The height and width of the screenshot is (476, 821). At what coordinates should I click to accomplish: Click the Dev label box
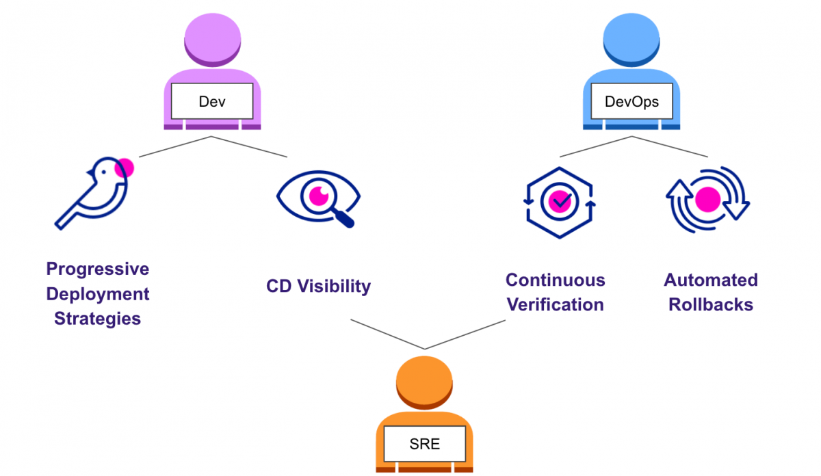click(x=211, y=102)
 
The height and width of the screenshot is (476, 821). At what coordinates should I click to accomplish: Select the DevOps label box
click(x=631, y=102)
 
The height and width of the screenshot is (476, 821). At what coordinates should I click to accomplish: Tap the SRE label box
click(x=424, y=444)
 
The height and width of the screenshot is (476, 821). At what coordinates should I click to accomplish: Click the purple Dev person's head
click(x=212, y=42)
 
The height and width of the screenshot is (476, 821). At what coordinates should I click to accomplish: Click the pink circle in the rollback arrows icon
click(x=707, y=201)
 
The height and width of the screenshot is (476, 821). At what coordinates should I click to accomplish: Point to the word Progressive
click(x=98, y=269)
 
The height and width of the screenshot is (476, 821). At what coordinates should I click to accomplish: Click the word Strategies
click(x=98, y=319)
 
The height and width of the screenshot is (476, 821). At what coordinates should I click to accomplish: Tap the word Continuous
click(x=555, y=280)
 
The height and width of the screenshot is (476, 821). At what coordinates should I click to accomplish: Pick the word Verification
click(x=555, y=304)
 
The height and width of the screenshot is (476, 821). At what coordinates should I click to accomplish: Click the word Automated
click(x=711, y=280)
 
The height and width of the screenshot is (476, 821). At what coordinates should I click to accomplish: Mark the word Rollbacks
click(x=711, y=304)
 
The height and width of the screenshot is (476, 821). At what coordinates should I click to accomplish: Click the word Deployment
click(x=98, y=294)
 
